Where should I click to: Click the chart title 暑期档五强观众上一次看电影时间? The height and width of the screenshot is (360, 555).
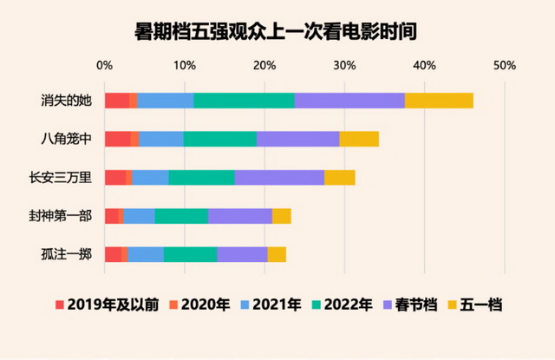click(277, 32)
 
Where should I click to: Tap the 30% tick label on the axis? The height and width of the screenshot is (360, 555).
click(344, 65)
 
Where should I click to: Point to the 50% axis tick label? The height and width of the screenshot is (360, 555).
click(505, 65)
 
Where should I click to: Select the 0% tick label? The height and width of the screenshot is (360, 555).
click(104, 65)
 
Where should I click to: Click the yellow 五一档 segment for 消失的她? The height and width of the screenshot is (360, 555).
click(439, 100)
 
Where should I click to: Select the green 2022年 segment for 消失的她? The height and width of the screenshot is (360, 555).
click(244, 100)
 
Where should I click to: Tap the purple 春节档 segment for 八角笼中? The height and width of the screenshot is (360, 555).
click(297, 139)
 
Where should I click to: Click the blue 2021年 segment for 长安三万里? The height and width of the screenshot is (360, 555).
click(150, 178)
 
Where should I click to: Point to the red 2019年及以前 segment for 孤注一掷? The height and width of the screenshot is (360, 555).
click(113, 254)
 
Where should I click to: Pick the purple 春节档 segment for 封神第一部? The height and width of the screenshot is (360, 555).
click(240, 216)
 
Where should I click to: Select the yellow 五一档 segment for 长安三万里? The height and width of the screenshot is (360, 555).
click(340, 178)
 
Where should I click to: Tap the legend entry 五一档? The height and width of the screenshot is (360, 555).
click(482, 304)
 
